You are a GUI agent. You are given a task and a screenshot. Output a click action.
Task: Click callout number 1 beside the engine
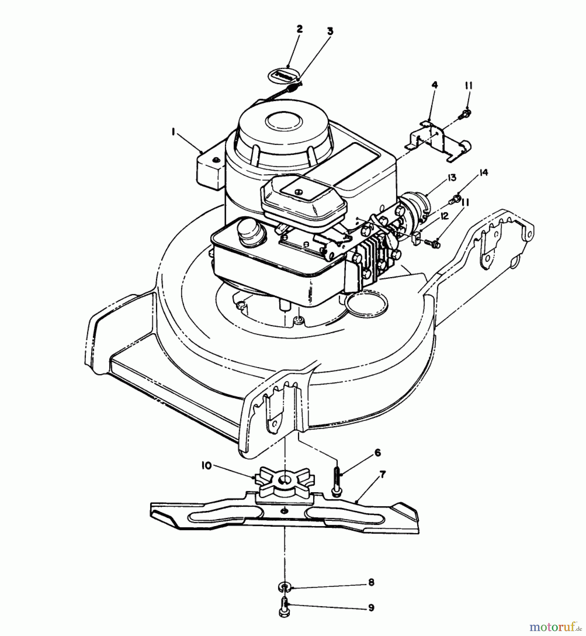pos(173,132)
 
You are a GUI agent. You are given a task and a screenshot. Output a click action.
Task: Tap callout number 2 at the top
pos(299,29)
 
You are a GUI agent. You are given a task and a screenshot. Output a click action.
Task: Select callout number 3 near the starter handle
pos(330,31)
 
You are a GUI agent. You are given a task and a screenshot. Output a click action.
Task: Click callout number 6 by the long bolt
pos(378,453)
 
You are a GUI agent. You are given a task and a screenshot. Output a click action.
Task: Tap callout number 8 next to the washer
pos(371,582)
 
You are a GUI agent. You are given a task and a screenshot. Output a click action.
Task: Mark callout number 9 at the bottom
pos(371,607)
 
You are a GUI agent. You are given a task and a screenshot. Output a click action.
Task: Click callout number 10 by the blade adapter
pos(207,466)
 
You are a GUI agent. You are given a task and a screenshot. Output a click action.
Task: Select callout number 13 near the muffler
pos(452,177)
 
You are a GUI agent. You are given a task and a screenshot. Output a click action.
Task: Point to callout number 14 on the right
pos(484,173)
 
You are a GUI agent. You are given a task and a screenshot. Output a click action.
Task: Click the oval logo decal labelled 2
pos(285,76)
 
